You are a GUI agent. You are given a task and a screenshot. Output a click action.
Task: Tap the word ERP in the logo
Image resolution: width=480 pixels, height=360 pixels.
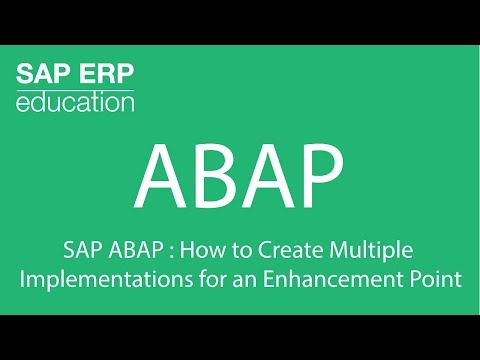pos(106,75)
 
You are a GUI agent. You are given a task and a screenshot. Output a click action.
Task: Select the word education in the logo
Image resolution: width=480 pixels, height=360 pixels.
pos(75,104)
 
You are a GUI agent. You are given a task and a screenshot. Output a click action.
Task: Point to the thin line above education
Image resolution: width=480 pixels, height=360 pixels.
pos(75,90)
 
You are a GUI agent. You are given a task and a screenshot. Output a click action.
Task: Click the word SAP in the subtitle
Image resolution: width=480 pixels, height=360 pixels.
pos(84,249)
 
